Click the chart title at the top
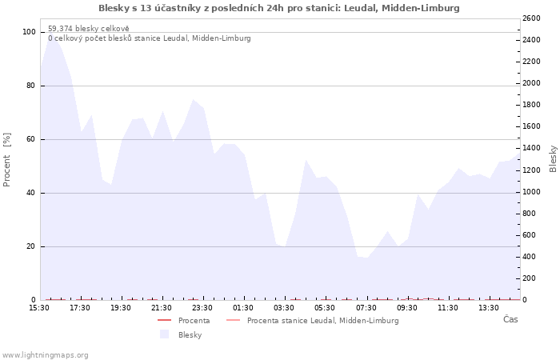click(279, 8)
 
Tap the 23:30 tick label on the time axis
click(202, 308)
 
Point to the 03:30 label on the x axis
click(284, 308)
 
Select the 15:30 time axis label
click(39, 308)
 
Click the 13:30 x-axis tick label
click(489, 308)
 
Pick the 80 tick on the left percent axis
click(30, 86)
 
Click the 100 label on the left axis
click(29, 32)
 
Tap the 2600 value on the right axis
click(531, 18)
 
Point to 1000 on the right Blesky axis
click(531, 192)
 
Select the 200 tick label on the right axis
click(529, 278)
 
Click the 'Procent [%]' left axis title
click(6, 160)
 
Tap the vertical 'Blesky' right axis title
click(553, 159)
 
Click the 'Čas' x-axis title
click(510, 319)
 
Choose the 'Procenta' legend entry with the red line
click(194, 321)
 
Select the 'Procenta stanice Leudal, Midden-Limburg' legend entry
click(323, 321)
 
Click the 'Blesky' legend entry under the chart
click(190, 335)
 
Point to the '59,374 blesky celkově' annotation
click(89, 29)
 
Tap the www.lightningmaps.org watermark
click(45, 355)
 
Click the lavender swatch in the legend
click(164, 334)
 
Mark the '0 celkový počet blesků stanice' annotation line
click(150, 38)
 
